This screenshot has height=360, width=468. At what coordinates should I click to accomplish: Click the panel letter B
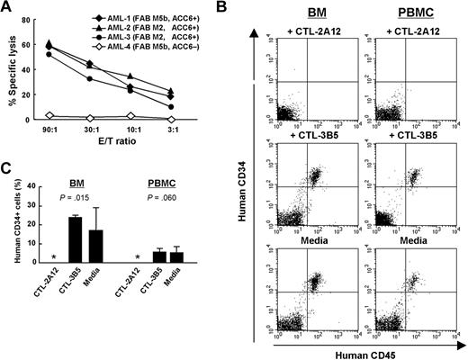(249, 8)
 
